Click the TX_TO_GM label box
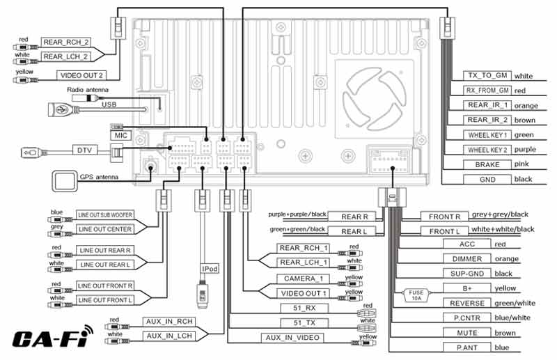pyautogui.click(x=487, y=76)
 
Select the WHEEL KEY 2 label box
pyautogui.click(x=487, y=150)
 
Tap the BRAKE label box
pyautogui.click(x=487, y=165)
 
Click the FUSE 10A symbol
pyautogui.click(x=416, y=295)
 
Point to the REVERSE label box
pyautogui.click(x=466, y=303)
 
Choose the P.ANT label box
pyautogui.click(x=466, y=347)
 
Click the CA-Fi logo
pyautogui.click(x=52, y=336)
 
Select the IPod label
pyautogui.click(x=210, y=269)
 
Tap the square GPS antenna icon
pyautogui.click(x=65, y=181)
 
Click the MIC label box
pyautogui.click(x=120, y=135)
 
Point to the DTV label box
pyautogui.click(x=84, y=150)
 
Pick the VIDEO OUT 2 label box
pyautogui.click(x=81, y=75)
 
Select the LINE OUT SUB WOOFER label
pyautogui.click(x=105, y=215)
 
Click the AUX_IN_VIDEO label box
pyautogui.click(x=292, y=338)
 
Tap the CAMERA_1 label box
pyautogui.click(x=303, y=279)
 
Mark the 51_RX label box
pyautogui.click(x=304, y=308)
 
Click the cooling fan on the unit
pyautogui.click(x=375, y=99)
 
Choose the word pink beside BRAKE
pyautogui.click(x=521, y=164)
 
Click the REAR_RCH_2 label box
pyautogui.click(x=65, y=42)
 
